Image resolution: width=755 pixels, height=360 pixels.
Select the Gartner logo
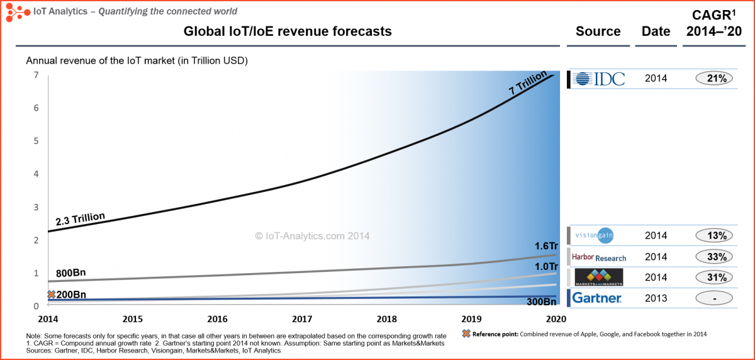pos(598,298)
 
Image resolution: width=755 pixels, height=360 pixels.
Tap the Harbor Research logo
pos(598,257)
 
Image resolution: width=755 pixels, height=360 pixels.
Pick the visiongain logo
pos(595,235)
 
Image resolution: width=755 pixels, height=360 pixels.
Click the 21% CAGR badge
pos(715,79)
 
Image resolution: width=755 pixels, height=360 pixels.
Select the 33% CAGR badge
pos(715,257)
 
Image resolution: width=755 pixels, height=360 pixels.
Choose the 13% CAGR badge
pos(715,236)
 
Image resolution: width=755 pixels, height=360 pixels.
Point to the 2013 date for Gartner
pos(656,298)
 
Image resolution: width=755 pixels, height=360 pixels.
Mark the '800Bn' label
pos(70,274)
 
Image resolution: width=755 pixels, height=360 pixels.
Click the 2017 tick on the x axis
pos(303,319)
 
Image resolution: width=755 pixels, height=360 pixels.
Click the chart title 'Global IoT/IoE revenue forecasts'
pos(288,31)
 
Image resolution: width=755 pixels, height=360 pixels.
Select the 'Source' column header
pos(598,31)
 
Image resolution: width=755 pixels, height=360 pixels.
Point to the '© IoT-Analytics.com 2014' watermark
pos(312,236)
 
